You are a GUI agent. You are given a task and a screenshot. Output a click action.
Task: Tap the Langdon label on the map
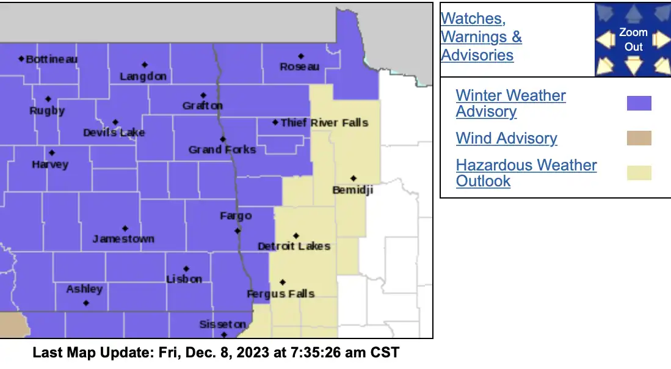pos(143,76)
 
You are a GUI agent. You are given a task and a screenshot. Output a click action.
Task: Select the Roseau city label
pos(299,67)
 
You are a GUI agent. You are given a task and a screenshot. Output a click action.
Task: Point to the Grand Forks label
pos(222,150)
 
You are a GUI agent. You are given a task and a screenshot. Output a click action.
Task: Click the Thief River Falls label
pos(324,123)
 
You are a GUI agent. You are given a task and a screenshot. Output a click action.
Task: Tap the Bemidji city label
pos(352,190)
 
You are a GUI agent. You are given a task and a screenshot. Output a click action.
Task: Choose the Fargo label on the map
pos(236,216)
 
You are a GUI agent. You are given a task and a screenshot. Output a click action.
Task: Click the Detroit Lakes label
pos(294,246)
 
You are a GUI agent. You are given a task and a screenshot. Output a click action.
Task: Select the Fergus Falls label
pos(280,294)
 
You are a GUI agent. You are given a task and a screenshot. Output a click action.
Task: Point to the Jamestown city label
pos(123,239)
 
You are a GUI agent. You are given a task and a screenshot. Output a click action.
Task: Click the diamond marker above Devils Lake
pos(115,122)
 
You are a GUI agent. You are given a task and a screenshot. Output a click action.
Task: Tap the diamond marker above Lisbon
pos(186,269)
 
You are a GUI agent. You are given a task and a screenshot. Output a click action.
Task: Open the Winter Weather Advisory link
pos(510,103)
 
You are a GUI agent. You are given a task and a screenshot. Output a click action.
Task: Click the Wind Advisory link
pos(506,138)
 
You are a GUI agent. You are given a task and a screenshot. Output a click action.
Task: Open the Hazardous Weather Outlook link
pos(526,173)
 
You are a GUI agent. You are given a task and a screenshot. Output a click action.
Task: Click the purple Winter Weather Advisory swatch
pos(639,103)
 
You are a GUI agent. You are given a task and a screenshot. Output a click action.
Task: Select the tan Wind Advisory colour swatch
pos(639,138)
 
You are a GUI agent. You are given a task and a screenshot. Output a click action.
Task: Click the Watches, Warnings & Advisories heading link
pos(481,37)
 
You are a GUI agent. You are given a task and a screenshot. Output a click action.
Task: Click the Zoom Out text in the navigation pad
pos(633,39)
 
